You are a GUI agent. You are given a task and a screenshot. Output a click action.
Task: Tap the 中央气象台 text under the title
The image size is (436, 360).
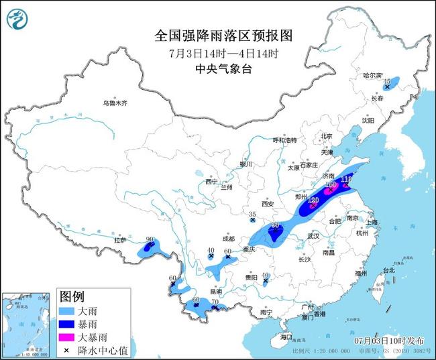click(x=219, y=68)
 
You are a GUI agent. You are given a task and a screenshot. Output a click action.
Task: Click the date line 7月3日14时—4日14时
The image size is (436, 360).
click(x=219, y=52)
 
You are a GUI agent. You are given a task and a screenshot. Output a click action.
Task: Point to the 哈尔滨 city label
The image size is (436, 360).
click(x=373, y=76)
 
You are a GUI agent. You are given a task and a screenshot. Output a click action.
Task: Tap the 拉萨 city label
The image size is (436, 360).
click(x=121, y=240)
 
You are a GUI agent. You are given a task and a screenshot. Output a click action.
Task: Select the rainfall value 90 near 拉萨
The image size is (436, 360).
click(x=150, y=239)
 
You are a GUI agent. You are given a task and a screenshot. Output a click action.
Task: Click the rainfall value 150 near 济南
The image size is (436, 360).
click(x=330, y=184)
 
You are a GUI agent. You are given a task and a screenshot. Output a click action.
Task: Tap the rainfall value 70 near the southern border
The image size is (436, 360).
click(x=215, y=302)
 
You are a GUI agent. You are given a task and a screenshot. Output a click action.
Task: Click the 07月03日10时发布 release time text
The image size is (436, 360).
click(x=387, y=340)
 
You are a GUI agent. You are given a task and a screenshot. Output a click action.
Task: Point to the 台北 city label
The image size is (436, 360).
click(x=388, y=270)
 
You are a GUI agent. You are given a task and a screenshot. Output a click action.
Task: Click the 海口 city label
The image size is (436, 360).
click(x=287, y=336)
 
